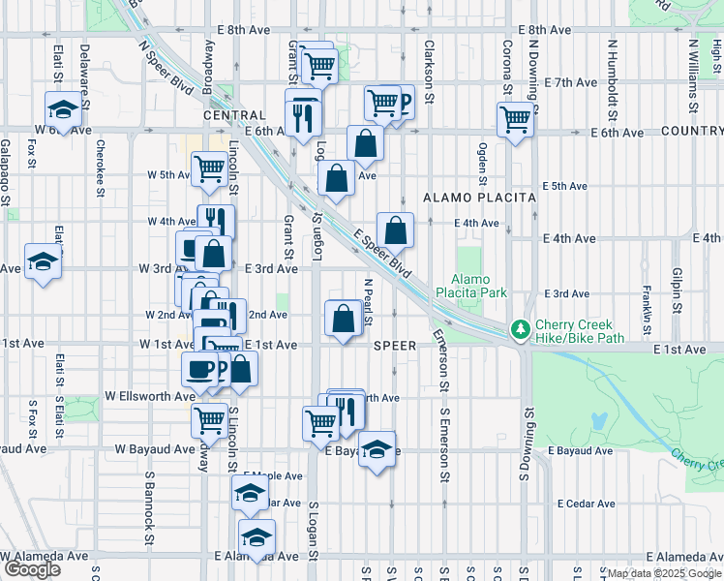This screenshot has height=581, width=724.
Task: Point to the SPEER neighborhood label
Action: pyautogui.click(x=395, y=345)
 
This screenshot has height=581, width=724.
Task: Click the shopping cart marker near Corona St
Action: pyautogui.click(x=516, y=120)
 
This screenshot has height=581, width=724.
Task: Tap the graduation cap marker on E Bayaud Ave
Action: pyautogui.click(x=377, y=448)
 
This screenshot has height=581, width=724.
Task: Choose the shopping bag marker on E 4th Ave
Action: pyautogui.click(x=395, y=230)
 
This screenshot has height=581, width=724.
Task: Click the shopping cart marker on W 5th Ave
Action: pyautogui.click(x=209, y=168)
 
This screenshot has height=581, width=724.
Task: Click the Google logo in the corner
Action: pyautogui.click(x=32, y=569)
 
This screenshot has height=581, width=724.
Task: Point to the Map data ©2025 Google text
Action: pyautogui.click(x=663, y=573)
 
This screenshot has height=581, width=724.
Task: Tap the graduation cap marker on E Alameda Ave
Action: pyautogui.click(x=256, y=536)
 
